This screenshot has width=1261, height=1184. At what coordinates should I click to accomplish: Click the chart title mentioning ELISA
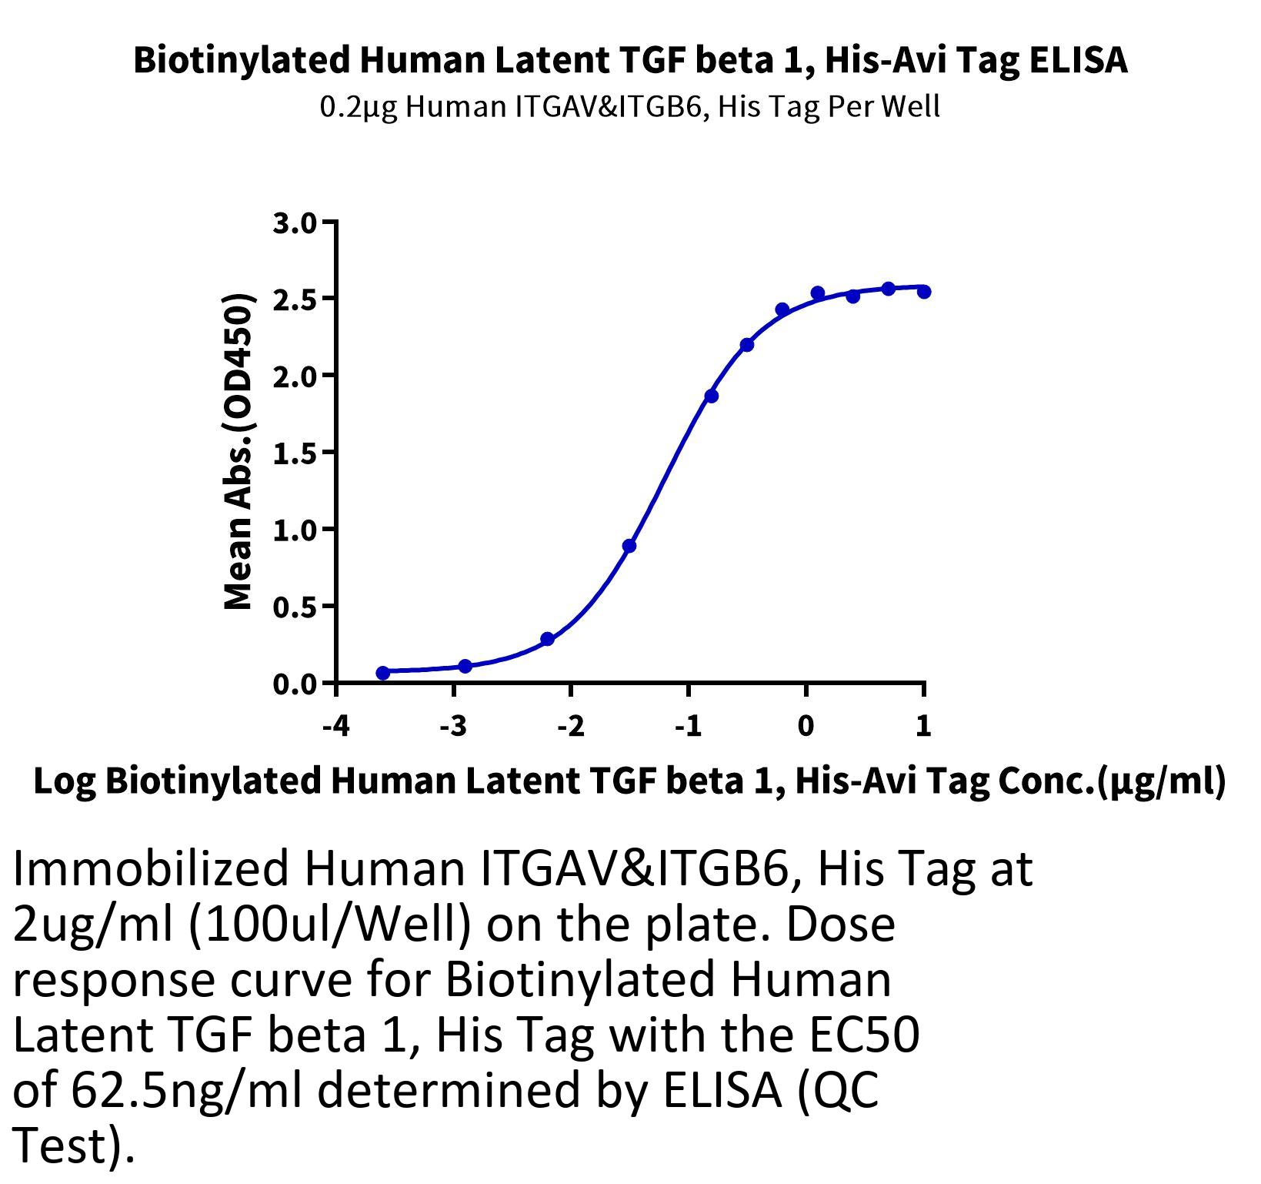[631, 60]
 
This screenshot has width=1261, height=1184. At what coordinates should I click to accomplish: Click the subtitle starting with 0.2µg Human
[630, 106]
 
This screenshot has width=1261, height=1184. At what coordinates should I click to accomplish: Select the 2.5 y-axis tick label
[294, 299]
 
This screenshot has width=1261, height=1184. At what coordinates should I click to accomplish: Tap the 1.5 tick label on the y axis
[294, 453]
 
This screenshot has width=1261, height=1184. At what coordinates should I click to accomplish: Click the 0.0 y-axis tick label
[294, 684]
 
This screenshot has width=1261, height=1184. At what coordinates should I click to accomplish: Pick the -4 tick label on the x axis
[336, 725]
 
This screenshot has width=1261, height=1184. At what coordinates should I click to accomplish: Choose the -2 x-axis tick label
[571, 725]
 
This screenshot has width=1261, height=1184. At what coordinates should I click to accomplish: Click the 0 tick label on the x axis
[806, 725]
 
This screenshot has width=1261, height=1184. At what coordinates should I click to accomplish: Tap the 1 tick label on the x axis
[923, 725]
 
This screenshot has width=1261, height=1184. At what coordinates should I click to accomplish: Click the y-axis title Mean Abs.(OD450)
[239, 453]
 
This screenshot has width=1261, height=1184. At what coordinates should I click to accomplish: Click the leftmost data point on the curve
[383, 673]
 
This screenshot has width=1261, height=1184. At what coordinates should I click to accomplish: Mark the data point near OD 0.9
[629, 546]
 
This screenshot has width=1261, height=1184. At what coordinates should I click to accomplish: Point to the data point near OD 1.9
[711, 396]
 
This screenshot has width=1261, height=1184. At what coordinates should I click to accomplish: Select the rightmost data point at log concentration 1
[924, 292]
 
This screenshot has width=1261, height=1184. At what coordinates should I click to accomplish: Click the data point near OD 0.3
[548, 639]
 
